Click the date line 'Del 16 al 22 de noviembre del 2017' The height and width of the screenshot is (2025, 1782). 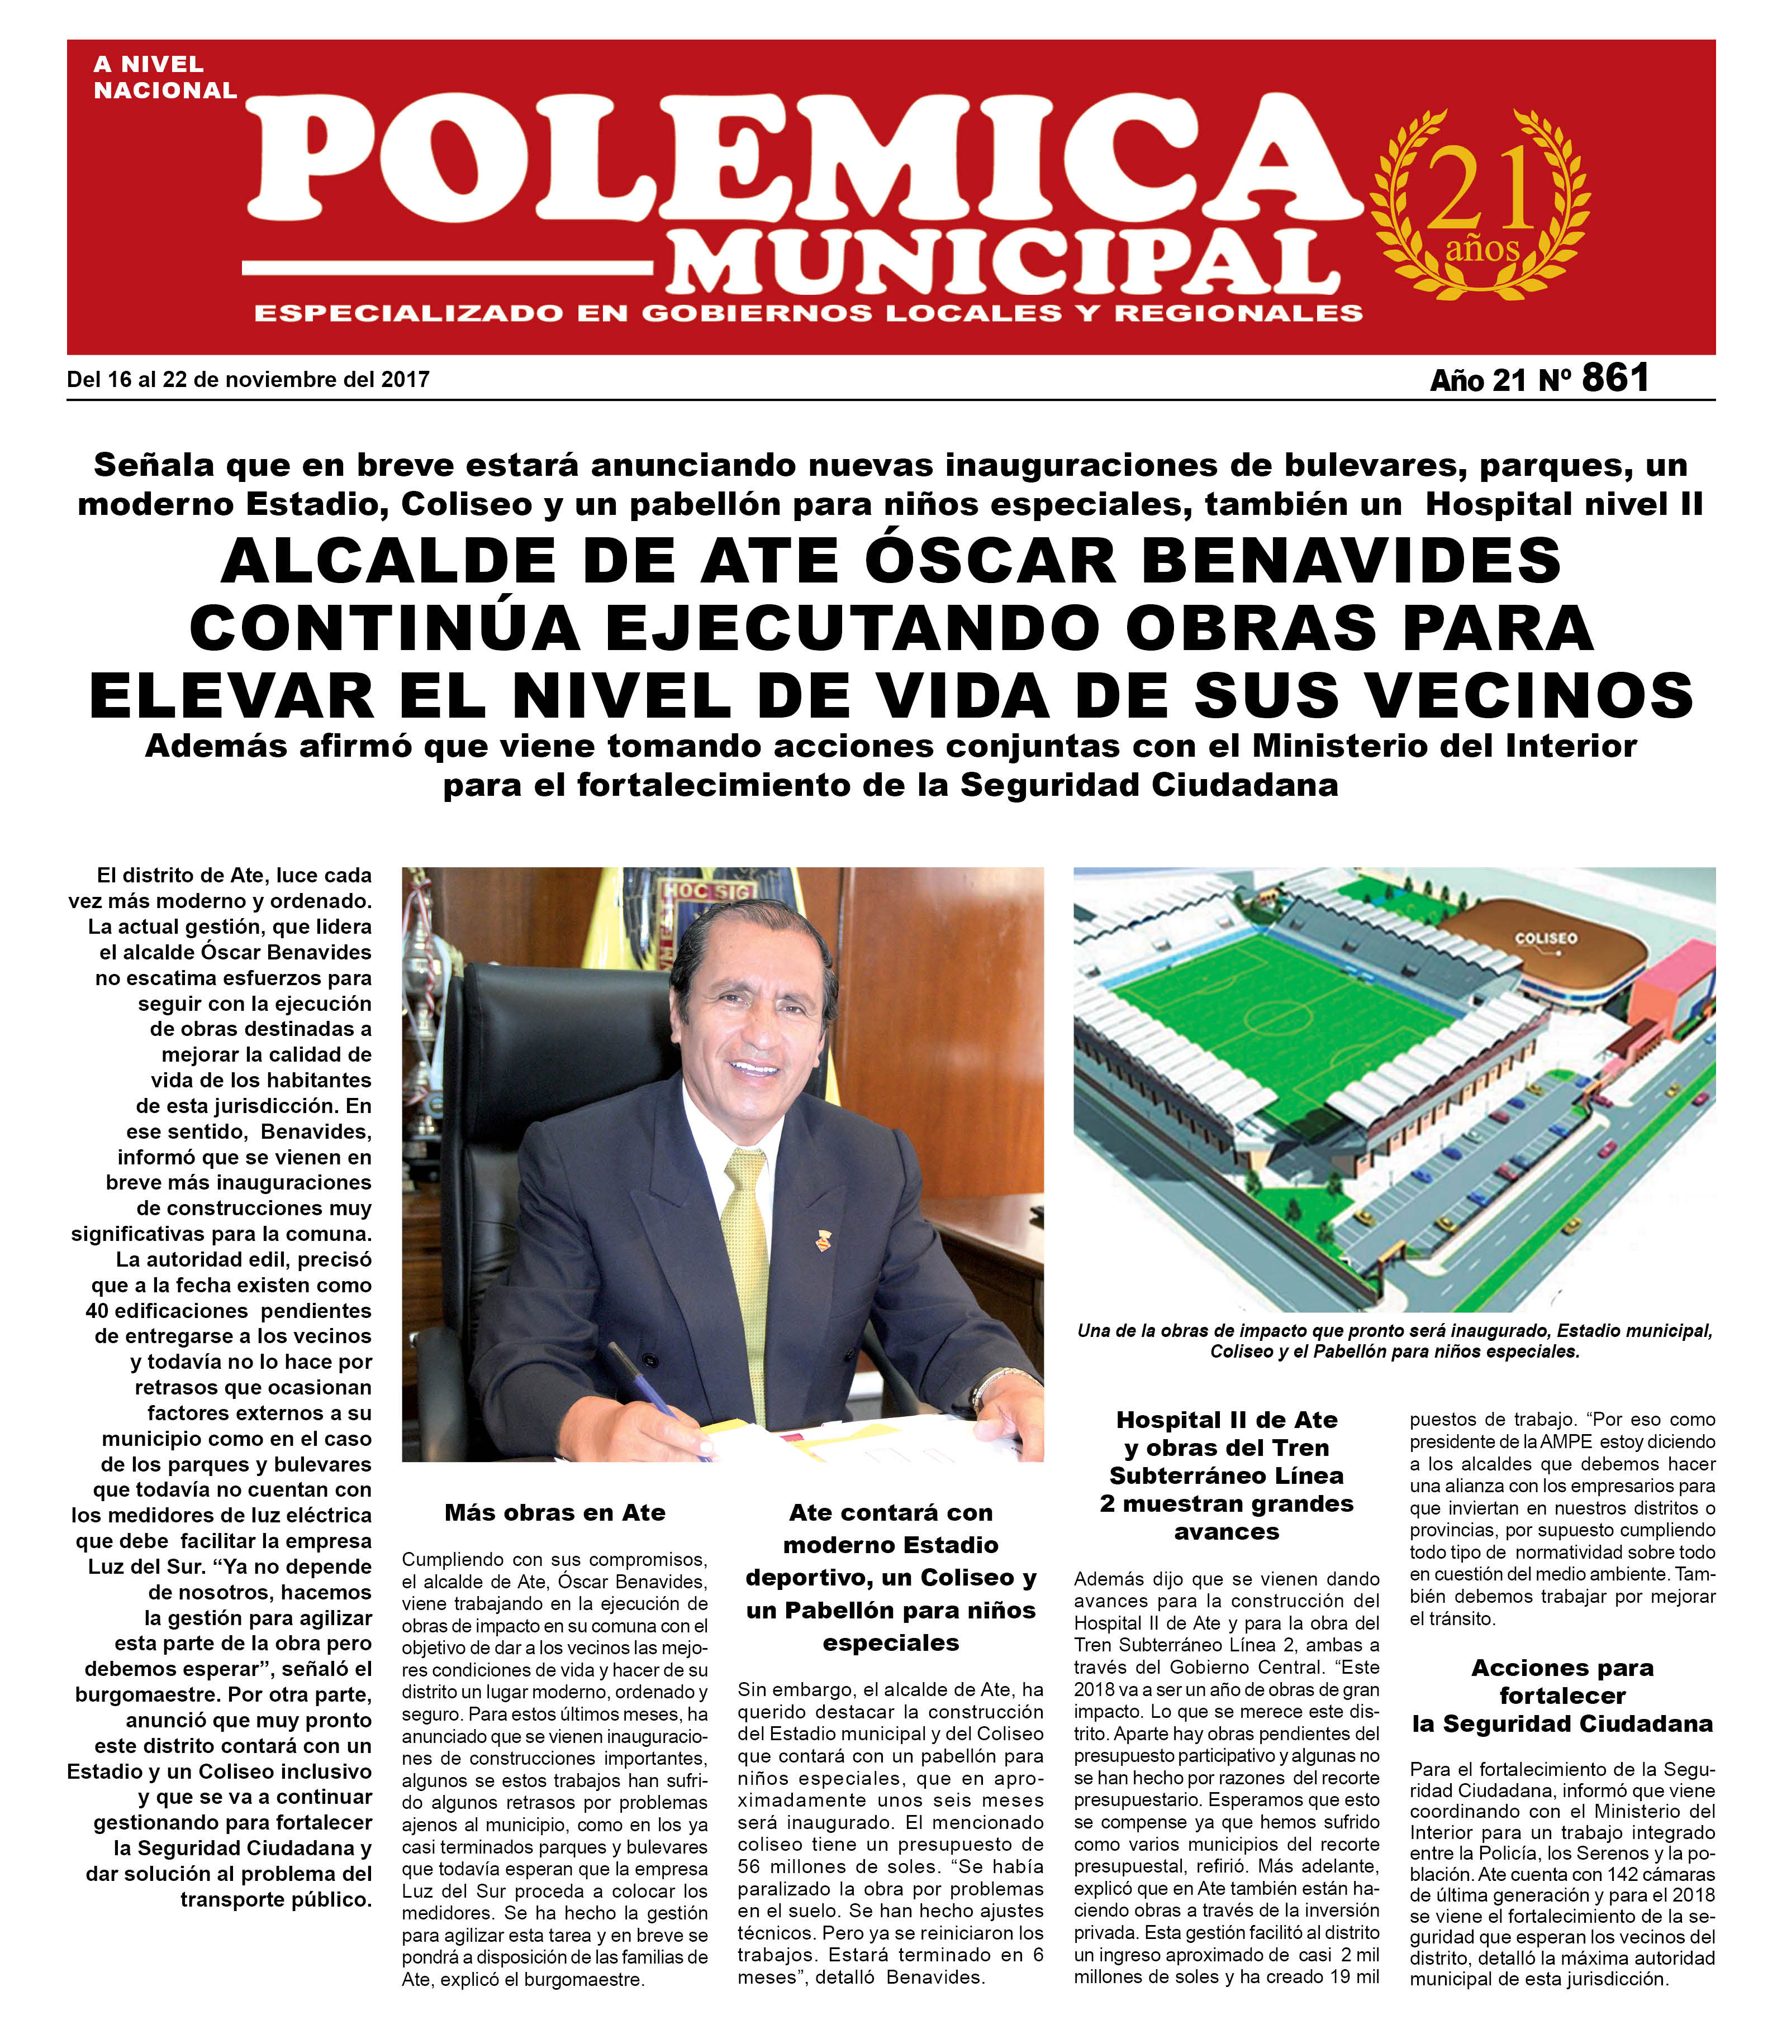(x=248, y=379)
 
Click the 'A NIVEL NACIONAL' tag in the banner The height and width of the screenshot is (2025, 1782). (x=164, y=77)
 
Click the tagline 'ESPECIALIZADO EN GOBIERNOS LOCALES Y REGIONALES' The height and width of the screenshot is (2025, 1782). (x=808, y=314)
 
